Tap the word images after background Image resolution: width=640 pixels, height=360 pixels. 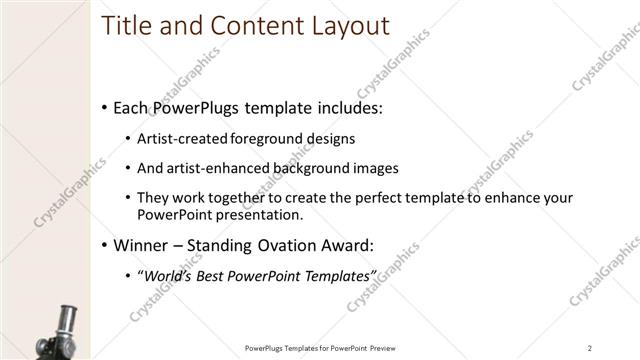click(x=374, y=168)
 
